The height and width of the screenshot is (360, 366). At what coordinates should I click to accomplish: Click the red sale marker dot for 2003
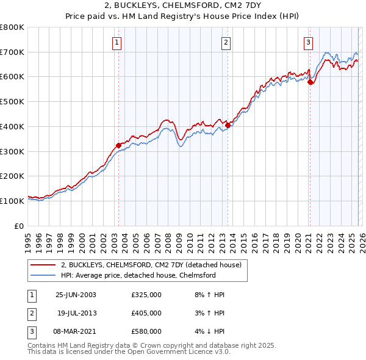click(118, 145)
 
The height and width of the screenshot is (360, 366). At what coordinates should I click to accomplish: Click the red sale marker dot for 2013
click(228, 125)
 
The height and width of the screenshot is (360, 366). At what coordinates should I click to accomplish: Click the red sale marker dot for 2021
click(310, 82)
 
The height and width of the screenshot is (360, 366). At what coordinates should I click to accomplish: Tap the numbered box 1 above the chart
click(116, 42)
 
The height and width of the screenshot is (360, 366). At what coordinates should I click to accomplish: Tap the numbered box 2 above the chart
click(226, 42)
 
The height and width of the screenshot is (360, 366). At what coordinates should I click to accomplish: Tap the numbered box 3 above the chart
click(308, 42)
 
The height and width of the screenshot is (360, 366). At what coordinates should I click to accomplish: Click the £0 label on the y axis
click(20, 226)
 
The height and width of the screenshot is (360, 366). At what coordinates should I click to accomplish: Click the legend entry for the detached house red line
click(151, 265)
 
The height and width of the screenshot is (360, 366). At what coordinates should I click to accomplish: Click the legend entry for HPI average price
click(138, 275)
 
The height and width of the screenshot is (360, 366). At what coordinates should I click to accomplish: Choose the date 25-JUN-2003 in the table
click(76, 295)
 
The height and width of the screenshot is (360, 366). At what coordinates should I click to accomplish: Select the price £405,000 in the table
click(146, 313)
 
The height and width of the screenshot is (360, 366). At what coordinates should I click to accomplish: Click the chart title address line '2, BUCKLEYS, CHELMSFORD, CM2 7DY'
click(183, 5)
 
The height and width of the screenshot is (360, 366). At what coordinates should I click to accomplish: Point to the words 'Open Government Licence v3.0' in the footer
click(182, 352)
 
